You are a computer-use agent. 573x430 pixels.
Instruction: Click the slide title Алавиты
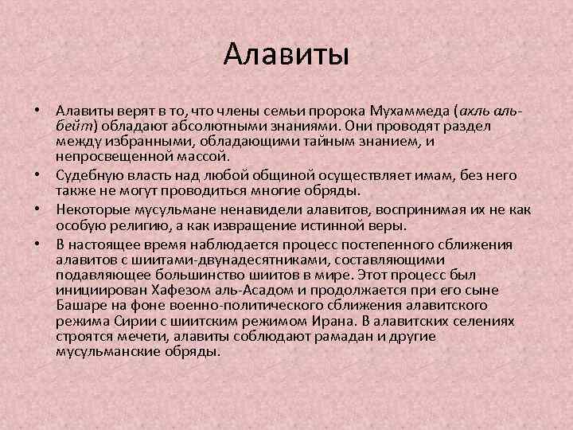click(286, 55)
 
